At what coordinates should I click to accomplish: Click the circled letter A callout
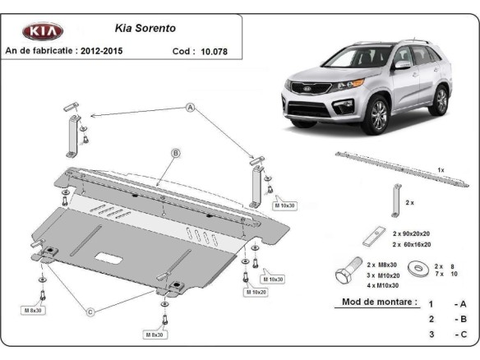190,108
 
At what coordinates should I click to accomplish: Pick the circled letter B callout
176,153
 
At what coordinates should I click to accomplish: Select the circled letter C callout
90,311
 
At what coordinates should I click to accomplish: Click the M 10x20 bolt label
255,292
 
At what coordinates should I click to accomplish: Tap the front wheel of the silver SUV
377,116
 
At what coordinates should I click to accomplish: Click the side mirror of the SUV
402,65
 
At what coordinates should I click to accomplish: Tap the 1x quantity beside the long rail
441,170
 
